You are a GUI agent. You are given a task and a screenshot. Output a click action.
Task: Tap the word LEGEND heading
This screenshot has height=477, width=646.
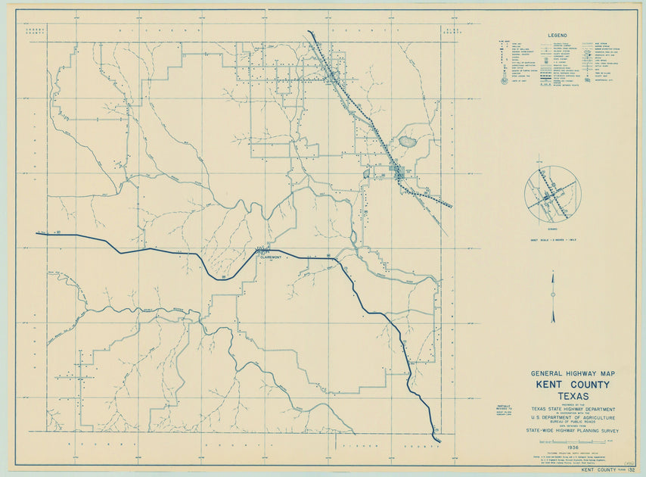click(557, 35)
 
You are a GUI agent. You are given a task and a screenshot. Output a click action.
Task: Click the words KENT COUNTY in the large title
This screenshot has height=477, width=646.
click(573, 385)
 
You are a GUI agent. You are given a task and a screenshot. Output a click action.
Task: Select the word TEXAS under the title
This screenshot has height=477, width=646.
click(573, 395)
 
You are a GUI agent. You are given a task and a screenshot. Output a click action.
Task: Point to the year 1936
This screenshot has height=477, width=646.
click(572, 447)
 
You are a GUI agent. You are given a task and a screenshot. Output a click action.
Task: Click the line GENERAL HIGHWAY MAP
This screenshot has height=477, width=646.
click(573, 374)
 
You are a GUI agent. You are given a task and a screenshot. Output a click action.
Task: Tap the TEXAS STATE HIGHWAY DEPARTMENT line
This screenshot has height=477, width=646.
click(573, 408)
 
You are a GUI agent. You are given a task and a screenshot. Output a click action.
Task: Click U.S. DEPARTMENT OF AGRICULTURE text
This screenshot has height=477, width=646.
click(573, 417)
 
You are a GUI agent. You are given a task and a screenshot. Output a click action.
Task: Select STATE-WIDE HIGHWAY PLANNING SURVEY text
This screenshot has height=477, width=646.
click(573, 431)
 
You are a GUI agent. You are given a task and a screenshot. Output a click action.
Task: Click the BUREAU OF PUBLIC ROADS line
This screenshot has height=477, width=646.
click(573, 422)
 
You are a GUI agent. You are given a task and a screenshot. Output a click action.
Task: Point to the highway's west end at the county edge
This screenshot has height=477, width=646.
click(38, 233)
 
